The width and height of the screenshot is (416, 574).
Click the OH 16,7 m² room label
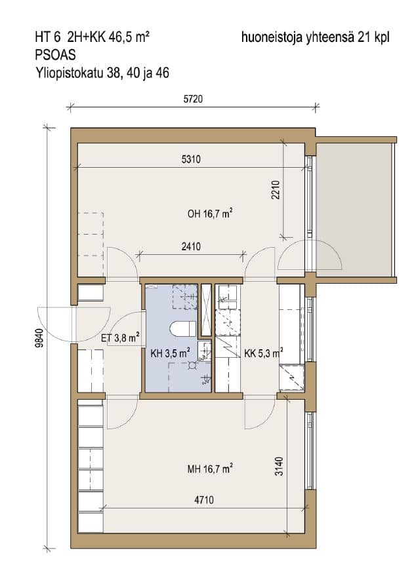pyautogui.click(x=210, y=213)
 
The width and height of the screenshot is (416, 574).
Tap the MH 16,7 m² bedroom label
pyautogui.click(x=210, y=469)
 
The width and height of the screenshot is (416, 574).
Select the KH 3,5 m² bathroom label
pyautogui.click(x=170, y=353)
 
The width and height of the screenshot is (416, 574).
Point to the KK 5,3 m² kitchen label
pyautogui.click(x=264, y=353)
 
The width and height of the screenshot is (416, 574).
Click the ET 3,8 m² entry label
pyautogui.click(x=120, y=337)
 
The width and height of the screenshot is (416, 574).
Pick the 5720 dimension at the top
pyautogui.click(x=193, y=99)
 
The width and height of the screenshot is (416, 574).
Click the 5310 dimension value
pyautogui.click(x=192, y=159)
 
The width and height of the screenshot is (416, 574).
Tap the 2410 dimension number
pyautogui.click(x=192, y=246)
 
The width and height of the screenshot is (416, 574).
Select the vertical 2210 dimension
pyautogui.click(x=276, y=189)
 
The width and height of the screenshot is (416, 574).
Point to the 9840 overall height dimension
pyautogui.click(x=39, y=338)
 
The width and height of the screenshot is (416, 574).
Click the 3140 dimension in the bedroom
pyautogui.click(x=280, y=466)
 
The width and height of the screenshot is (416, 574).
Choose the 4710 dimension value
pyautogui.click(x=204, y=500)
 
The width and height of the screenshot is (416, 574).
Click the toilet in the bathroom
pyautogui.click(x=183, y=328)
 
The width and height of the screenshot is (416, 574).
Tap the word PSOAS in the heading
pyautogui.click(x=55, y=54)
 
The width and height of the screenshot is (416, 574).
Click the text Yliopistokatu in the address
pyautogui.click(x=70, y=73)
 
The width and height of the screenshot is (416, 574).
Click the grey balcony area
pyautogui.click(x=354, y=210)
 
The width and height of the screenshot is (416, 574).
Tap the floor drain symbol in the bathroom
pyautogui.click(x=192, y=364)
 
